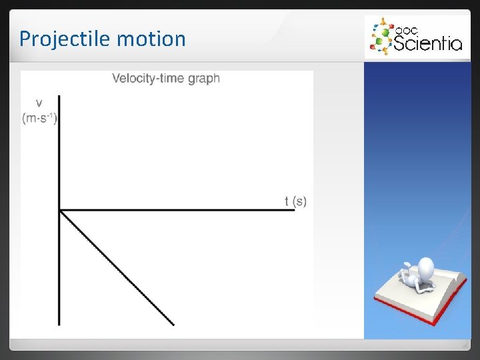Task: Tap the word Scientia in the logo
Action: click(427, 44)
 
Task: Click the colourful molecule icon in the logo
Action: click(381, 37)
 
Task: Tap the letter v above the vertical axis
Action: click(39, 103)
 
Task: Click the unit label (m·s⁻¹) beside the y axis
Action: click(40, 118)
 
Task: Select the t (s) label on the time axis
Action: click(295, 201)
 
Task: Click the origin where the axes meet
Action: click(60, 211)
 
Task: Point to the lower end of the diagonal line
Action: click(173, 325)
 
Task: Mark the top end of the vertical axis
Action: click(60, 97)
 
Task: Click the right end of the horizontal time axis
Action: click(294, 211)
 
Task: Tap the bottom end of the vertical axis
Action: click(60, 325)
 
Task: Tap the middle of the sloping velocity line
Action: click(117, 268)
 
